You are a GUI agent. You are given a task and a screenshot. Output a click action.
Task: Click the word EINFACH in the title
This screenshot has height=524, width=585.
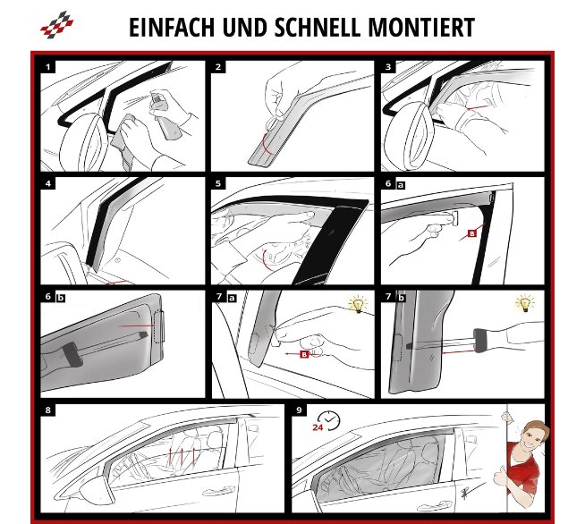[x=172, y=27]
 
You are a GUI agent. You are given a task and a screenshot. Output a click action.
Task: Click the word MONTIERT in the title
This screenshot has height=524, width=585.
[x=421, y=27]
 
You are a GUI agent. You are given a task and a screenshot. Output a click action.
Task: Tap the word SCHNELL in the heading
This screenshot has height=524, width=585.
[x=318, y=27]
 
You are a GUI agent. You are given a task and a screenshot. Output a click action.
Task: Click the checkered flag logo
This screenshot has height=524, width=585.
[x=56, y=25]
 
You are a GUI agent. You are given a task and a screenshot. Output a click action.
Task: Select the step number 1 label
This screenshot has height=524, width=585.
[x=47, y=67]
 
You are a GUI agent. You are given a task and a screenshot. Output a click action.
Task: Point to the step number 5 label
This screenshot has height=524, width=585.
[x=218, y=183]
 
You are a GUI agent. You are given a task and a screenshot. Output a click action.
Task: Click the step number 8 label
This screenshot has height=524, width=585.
[x=47, y=410]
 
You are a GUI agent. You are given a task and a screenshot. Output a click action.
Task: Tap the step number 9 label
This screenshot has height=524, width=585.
[x=299, y=410]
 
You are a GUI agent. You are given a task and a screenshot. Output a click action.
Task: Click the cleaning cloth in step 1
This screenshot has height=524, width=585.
[x=124, y=141]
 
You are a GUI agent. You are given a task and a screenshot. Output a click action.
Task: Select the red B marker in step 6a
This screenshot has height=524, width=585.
[x=472, y=233]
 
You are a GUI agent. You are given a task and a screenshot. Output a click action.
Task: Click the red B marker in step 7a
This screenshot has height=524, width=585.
[x=304, y=354]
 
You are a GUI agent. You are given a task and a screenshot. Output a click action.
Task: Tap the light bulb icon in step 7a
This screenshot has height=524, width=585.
[x=358, y=304]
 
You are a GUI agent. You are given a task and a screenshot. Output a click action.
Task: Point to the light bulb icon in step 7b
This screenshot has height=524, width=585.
[x=525, y=303]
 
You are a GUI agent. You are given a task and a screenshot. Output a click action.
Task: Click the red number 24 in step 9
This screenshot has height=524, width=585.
[x=318, y=427]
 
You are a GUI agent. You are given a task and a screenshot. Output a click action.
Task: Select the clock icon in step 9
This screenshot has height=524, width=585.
[x=330, y=420]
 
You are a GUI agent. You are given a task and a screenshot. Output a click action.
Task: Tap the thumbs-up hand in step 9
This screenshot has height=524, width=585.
[x=500, y=477]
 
